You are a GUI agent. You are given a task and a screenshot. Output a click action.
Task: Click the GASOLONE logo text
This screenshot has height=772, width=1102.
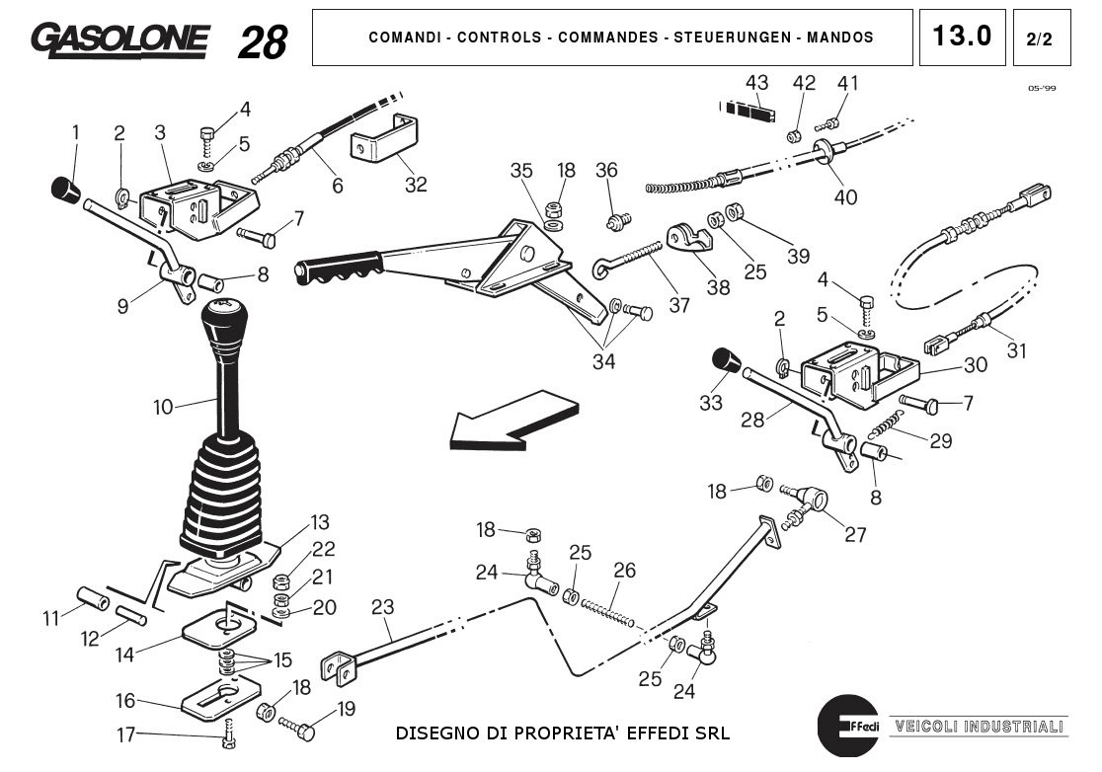click(119, 39)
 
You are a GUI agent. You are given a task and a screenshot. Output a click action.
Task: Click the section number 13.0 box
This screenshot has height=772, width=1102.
click(962, 38)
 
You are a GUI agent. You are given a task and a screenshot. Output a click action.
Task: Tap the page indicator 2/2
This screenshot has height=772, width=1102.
click(1040, 39)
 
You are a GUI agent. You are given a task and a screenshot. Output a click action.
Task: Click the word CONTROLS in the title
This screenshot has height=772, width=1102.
click(499, 38)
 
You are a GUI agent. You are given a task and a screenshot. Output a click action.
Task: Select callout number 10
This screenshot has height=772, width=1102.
click(163, 406)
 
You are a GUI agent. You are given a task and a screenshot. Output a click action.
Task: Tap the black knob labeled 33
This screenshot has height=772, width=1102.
click(726, 361)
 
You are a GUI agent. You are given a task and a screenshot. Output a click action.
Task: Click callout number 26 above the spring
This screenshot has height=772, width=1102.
click(624, 571)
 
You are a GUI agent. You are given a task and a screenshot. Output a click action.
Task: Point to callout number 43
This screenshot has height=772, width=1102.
click(756, 83)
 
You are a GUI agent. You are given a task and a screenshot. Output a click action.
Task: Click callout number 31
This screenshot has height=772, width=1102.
click(1016, 350)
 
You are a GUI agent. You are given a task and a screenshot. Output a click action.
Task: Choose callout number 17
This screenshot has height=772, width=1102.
click(125, 734)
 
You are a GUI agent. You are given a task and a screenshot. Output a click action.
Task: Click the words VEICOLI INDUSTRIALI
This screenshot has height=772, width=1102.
click(980, 727)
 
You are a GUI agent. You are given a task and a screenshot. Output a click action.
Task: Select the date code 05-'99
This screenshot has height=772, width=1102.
click(1042, 88)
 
